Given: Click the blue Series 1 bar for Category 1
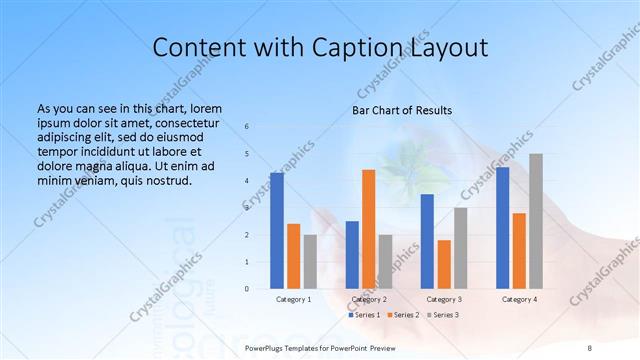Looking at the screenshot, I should coord(277,231).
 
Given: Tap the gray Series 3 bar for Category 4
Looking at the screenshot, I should coord(536,221).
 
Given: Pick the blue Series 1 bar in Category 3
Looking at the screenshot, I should coord(427,241).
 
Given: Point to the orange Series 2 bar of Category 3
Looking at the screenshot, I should coord(444,264).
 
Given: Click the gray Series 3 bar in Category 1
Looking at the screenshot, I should coord(310,261).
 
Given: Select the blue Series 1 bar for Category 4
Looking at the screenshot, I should coord(502,228).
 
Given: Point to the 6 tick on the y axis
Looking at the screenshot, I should coord(247,127).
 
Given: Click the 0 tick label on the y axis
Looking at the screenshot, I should coord(247,289).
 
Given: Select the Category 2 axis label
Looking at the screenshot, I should coord(368,300).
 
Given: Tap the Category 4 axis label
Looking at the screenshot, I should coord(519,300).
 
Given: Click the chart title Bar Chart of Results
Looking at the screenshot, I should coord(402,110).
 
